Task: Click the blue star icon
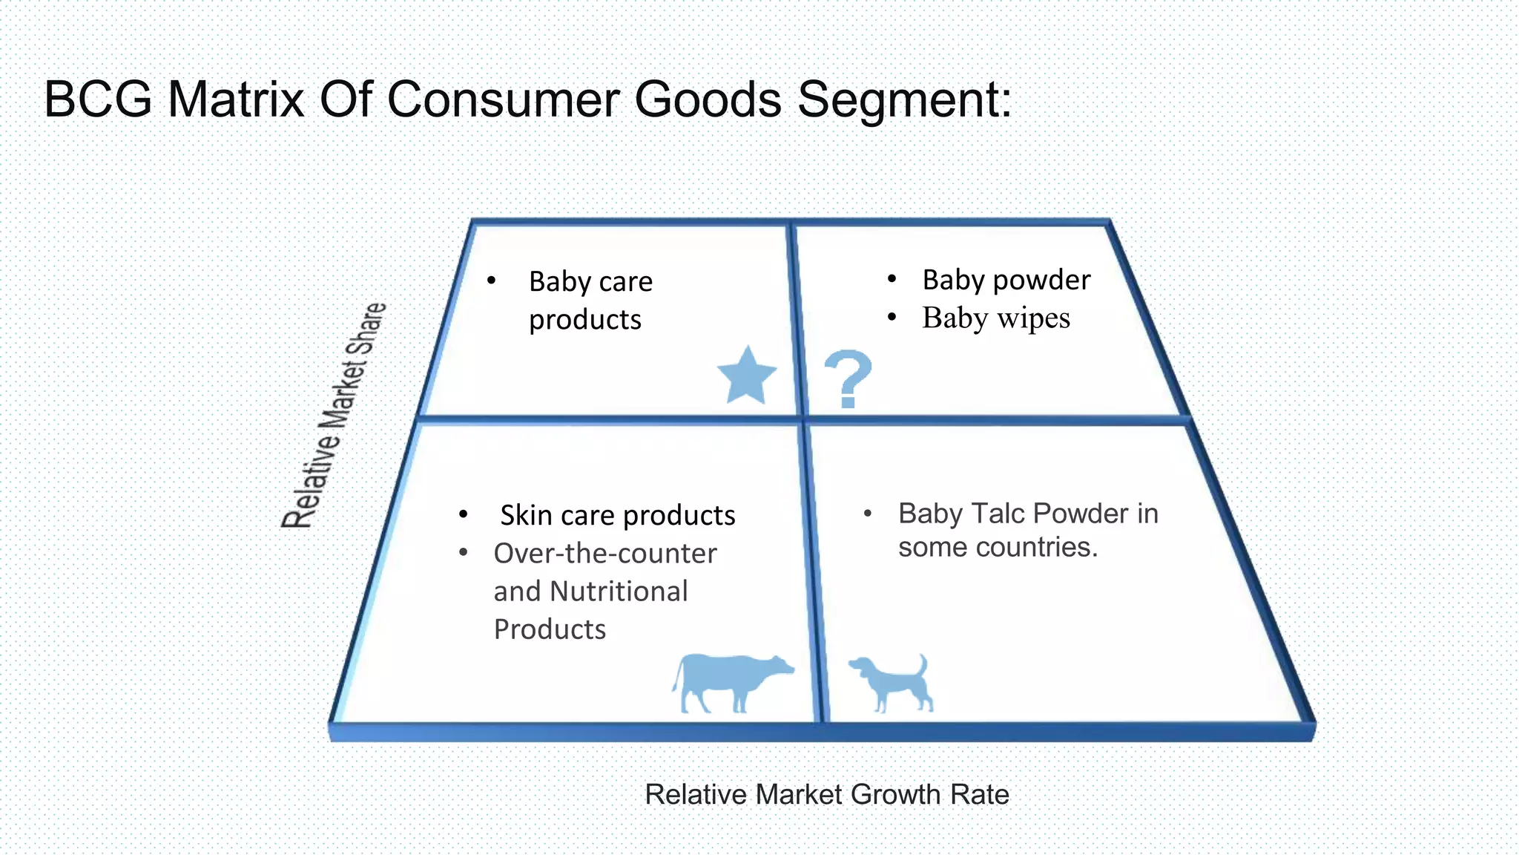coord(747,377)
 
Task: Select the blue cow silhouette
coord(731,681)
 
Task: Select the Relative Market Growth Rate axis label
coord(826,794)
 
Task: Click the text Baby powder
coord(1006,280)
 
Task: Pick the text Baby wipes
coord(995,318)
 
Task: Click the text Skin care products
coord(617,515)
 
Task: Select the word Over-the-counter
coord(605,554)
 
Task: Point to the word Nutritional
coord(619,592)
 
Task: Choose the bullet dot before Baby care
coord(491,281)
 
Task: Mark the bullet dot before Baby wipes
coord(892,318)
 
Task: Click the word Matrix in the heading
coord(236,99)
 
